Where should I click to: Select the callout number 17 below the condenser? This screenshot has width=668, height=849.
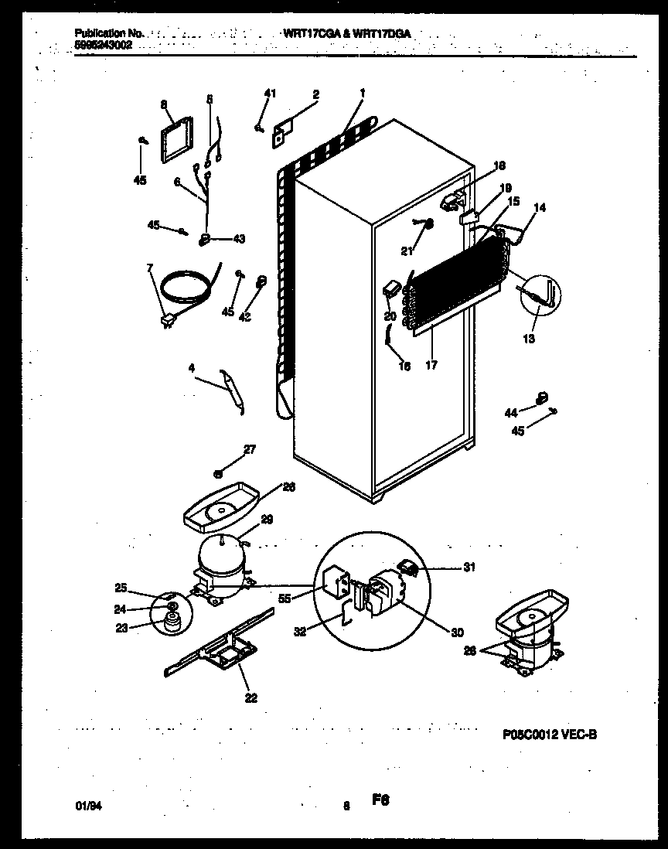(x=431, y=366)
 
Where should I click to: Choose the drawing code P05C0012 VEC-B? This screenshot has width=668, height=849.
(x=548, y=735)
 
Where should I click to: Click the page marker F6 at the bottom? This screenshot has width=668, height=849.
(x=380, y=803)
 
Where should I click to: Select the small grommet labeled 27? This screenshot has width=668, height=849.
(x=219, y=471)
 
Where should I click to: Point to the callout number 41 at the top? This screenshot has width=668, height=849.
(x=270, y=94)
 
